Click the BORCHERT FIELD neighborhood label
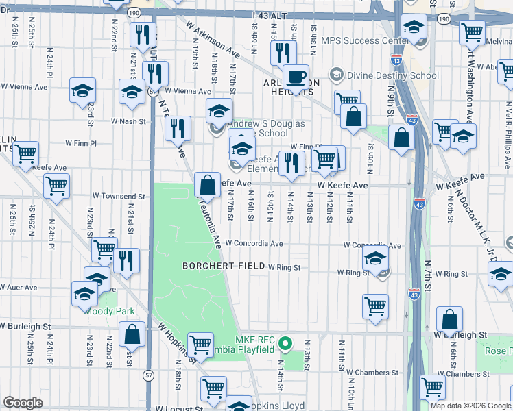pos(223,266)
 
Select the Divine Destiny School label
pos(385,74)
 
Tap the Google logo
pos(23,402)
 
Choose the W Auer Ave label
pos(19,288)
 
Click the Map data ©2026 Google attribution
pos(470,406)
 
